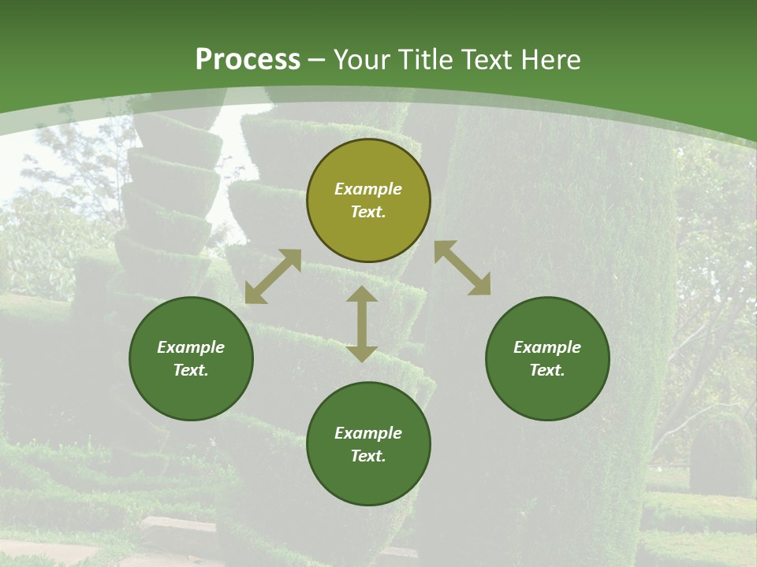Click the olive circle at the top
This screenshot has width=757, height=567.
coord(368,201)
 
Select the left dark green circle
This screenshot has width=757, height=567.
coord(191,359)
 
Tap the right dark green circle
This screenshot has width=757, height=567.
coord(547,359)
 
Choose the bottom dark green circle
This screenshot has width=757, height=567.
coord(368,444)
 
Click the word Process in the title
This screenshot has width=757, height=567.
coord(248,60)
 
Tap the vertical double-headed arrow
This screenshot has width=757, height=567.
coord(362,324)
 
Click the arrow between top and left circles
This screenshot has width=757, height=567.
coord(273,276)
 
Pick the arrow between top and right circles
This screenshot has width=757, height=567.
coord(463,268)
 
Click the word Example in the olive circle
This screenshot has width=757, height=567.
coord(368,189)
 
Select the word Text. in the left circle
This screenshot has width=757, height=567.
coord(191,370)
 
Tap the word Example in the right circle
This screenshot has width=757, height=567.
coord(547,347)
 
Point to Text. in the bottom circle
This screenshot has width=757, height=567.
coord(368,456)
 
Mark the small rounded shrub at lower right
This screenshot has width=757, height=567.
coord(720,453)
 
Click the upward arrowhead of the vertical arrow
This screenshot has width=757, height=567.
coord(362,295)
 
